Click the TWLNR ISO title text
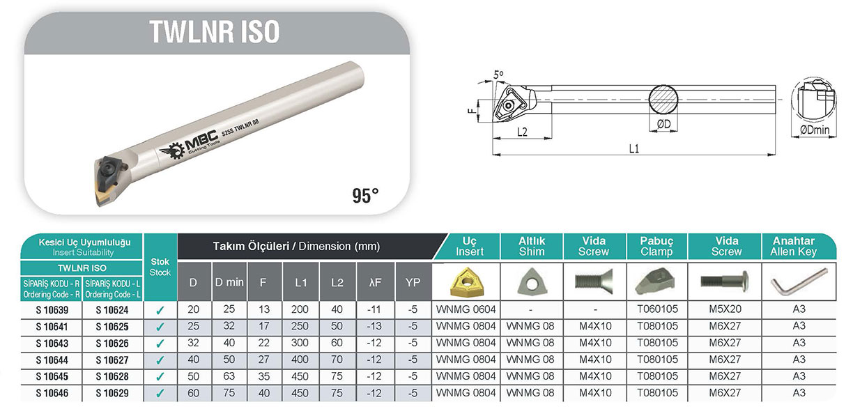point(215,31)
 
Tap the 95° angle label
point(365,196)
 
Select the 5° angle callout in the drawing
point(498,75)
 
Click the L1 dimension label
point(633,148)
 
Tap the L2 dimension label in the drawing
point(522,132)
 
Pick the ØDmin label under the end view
point(815,130)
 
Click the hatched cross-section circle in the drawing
point(663,100)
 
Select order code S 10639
point(52,310)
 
